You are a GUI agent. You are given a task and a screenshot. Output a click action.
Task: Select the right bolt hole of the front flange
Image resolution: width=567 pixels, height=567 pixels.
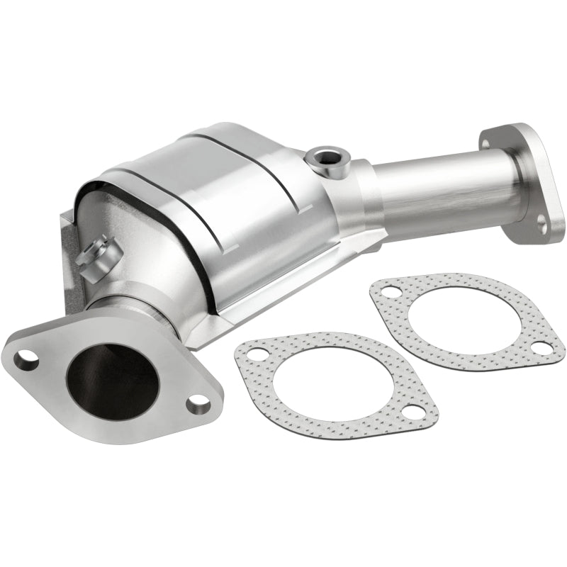click(x=198, y=403)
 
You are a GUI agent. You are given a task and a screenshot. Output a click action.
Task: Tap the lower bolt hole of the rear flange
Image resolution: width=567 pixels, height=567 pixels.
click(x=541, y=224)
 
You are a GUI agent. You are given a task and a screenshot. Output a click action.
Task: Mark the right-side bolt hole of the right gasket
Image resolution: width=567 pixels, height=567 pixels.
click(x=540, y=347)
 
